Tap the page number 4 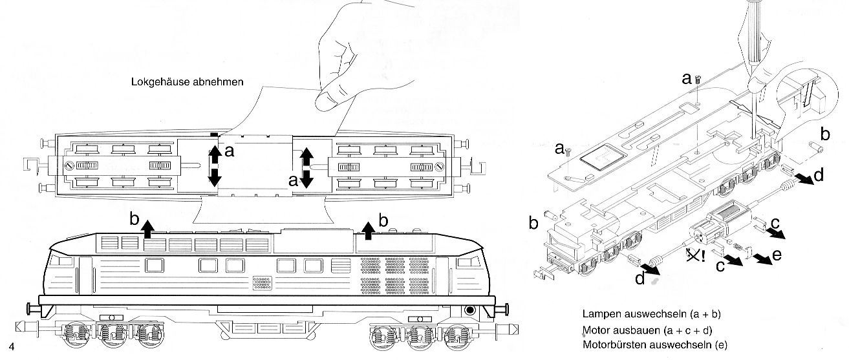coord(12,346)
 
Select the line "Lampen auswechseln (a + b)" coord(651,315)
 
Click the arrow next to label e coord(762,259)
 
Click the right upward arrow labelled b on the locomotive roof coord(369,229)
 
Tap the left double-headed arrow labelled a coord(214,166)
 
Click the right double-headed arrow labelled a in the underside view coord(306,166)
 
